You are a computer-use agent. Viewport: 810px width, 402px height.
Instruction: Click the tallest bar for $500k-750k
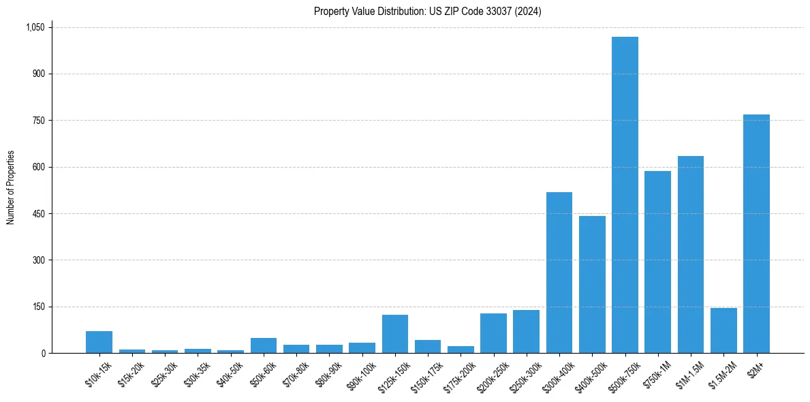pos(625,195)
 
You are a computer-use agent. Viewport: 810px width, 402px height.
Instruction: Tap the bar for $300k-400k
pos(559,273)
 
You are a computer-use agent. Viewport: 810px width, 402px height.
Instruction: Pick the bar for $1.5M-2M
pos(723,330)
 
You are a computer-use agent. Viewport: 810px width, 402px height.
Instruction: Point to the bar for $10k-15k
pos(99,342)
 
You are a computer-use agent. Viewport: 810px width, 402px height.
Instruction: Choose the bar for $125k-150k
pos(395,334)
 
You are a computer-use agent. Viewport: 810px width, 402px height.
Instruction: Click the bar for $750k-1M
pos(657,262)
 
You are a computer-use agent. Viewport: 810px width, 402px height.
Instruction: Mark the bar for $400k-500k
pos(592,284)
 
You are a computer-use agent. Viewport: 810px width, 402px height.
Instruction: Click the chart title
pos(427,12)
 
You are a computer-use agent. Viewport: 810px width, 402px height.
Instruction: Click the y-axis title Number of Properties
pos(11,187)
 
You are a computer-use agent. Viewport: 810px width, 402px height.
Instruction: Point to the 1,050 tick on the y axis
pos(35,27)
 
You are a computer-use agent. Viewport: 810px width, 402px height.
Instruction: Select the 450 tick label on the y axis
pos(38,214)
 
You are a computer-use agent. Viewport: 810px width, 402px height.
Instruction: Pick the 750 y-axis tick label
pos(38,121)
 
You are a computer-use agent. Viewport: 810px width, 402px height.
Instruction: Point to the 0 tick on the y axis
pos(43,353)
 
